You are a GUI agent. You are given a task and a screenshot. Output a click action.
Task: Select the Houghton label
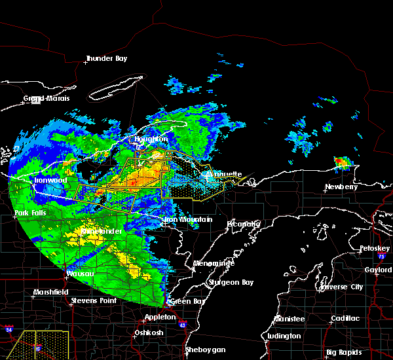151,139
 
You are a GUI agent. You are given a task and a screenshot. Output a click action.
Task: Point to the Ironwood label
51,180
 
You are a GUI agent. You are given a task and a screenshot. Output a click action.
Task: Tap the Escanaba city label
244,224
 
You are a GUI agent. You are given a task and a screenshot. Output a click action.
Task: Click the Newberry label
341,187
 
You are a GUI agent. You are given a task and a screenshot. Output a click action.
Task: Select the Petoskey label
375,249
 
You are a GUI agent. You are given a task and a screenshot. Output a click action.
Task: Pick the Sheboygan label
206,350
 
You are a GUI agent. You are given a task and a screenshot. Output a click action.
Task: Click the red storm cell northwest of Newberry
341,162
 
